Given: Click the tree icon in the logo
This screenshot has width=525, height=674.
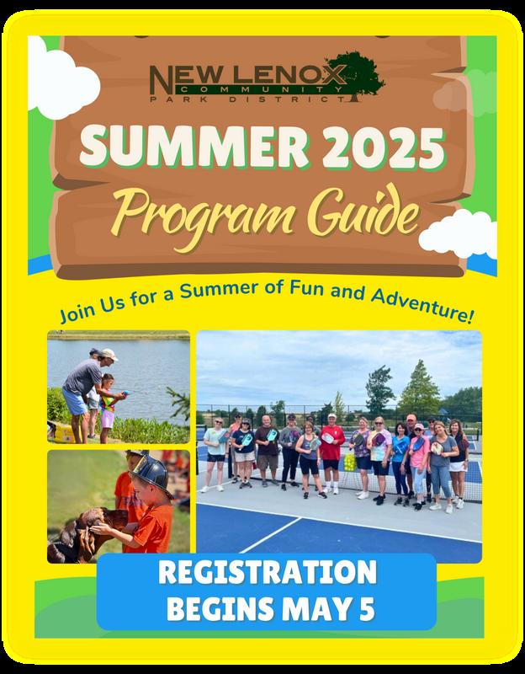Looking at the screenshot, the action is (x=355, y=76).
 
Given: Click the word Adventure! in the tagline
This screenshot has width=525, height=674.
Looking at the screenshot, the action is (x=422, y=305).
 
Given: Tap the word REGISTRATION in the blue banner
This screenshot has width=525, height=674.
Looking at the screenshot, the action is (x=267, y=572).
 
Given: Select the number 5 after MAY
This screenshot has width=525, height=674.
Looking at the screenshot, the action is (x=367, y=609).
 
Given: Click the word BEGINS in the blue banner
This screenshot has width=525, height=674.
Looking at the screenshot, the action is (x=220, y=609).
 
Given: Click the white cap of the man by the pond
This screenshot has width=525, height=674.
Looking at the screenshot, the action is (x=109, y=354).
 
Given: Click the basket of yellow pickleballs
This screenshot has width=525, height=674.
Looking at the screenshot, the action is (x=350, y=462).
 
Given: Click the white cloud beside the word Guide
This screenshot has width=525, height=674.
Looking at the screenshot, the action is (x=459, y=234).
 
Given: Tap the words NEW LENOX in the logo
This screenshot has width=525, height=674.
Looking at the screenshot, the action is (x=248, y=75).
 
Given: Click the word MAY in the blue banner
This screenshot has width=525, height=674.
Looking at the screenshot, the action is (x=316, y=609).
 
